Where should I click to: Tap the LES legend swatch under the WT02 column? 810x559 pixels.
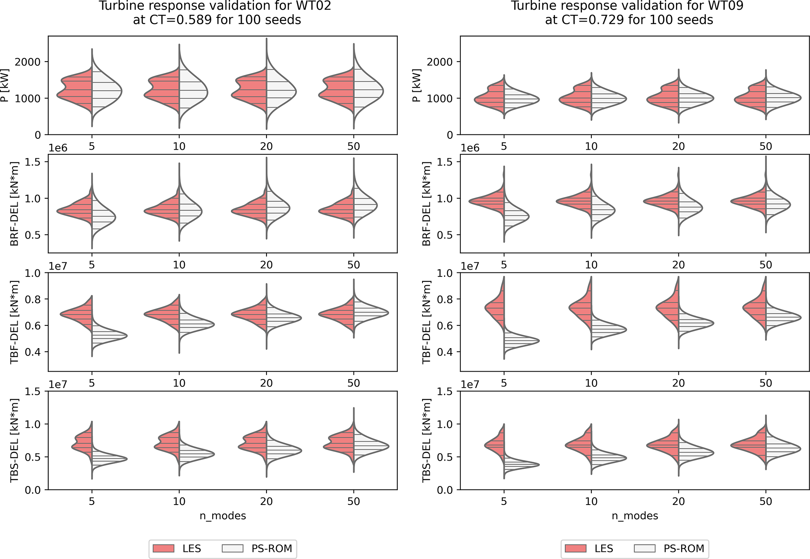pyautogui.click(x=163, y=548)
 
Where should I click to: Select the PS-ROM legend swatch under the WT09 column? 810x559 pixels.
pyautogui.click(x=644, y=548)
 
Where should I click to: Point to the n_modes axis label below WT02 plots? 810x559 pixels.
pyautogui.click(x=223, y=515)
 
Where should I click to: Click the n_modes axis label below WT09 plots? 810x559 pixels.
pyautogui.click(x=635, y=515)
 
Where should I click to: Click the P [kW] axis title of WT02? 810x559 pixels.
pyautogui.click(x=5, y=85)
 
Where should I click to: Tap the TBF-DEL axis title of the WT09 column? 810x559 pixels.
pyautogui.click(x=427, y=322)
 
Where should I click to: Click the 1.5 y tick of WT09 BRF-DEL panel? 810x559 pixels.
pyautogui.click(x=446, y=162)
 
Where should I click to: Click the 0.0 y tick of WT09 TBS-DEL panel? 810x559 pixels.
pyautogui.click(x=446, y=490)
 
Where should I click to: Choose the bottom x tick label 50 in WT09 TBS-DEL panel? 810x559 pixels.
pyautogui.click(x=765, y=501)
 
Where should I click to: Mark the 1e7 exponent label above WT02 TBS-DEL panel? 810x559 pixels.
pyautogui.click(x=58, y=384)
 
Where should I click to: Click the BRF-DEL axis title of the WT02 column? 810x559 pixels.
pyautogui.click(x=14, y=204)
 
